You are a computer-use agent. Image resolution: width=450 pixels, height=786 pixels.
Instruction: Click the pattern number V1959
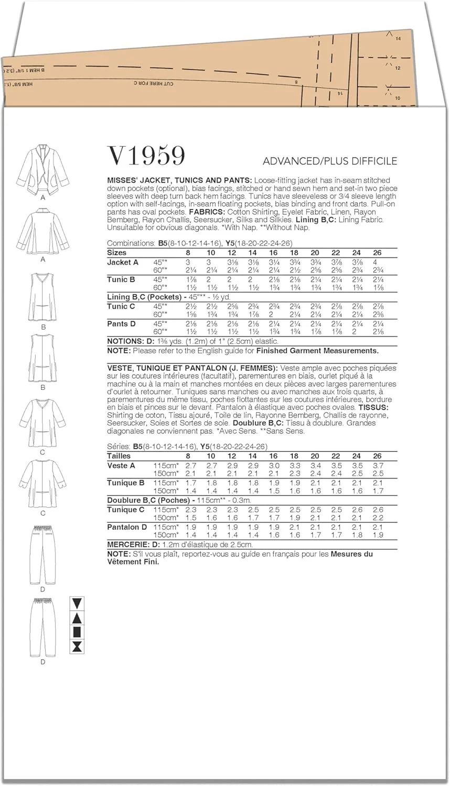pyautogui.click(x=146, y=156)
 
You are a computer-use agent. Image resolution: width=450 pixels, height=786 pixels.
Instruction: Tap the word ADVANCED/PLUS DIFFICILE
pyautogui.click(x=330, y=161)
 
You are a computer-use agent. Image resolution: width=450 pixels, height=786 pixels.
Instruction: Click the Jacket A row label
pyautogui.click(x=123, y=263)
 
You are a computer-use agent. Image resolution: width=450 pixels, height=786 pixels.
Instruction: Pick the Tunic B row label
pyautogui.click(x=121, y=280)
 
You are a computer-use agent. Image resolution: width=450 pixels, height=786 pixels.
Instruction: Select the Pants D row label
pyautogui.click(x=121, y=324)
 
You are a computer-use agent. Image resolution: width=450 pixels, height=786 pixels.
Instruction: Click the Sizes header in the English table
pyautogui.click(x=116, y=253)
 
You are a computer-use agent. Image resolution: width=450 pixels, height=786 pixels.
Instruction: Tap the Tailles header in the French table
pyautogui.click(x=119, y=456)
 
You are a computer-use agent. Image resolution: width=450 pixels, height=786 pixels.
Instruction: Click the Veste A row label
pyautogui.click(x=121, y=465)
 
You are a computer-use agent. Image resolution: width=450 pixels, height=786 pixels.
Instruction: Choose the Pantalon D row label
pyautogui.click(x=127, y=527)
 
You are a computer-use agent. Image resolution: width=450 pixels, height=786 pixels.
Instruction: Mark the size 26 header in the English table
pyautogui.click(x=377, y=253)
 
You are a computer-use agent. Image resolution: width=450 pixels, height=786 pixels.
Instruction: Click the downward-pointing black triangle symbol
pyautogui.click(x=78, y=603)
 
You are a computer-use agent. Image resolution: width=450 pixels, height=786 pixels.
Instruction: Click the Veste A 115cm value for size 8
pyautogui.click(x=191, y=465)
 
